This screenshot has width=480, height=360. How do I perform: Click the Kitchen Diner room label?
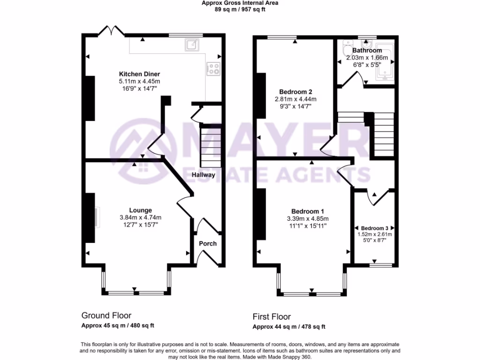140,74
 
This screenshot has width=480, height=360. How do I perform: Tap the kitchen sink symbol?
192,45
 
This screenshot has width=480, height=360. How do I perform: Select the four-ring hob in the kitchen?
214,69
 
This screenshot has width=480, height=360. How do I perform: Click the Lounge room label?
141,210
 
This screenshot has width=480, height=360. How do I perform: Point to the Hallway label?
203,175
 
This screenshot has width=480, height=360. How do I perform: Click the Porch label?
208,243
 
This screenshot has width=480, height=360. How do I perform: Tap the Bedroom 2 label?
295,92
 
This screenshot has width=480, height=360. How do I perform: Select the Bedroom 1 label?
307,211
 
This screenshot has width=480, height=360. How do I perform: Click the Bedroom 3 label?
373,227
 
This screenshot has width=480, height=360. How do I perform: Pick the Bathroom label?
367,50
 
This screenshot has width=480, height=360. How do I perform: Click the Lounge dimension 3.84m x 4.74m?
141,217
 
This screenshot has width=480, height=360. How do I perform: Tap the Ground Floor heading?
106,315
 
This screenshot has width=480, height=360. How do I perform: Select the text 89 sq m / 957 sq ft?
240,9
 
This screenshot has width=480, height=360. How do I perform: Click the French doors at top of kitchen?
111,31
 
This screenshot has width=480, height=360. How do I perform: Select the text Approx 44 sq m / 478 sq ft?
289,327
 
